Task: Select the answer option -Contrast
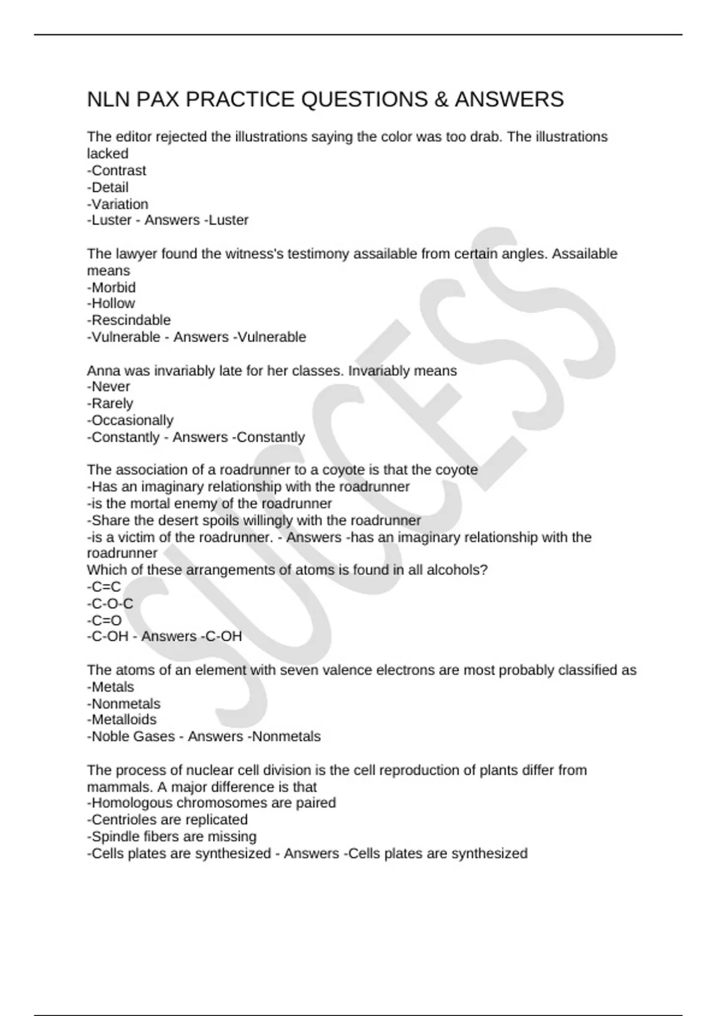coord(117,171)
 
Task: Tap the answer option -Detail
coord(108,188)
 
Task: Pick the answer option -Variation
coord(118,204)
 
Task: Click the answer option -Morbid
coord(112,287)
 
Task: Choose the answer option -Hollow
coord(111,304)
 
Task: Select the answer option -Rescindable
coord(129,320)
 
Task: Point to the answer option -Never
coord(109,387)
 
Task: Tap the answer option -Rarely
coord(110,403)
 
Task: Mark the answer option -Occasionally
coord(130,420)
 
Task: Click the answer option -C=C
coord(104,587)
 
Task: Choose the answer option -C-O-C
coord(110,604)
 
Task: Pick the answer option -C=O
coord(105,620)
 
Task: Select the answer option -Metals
coord(111,687)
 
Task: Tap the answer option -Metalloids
coord(122,720)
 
